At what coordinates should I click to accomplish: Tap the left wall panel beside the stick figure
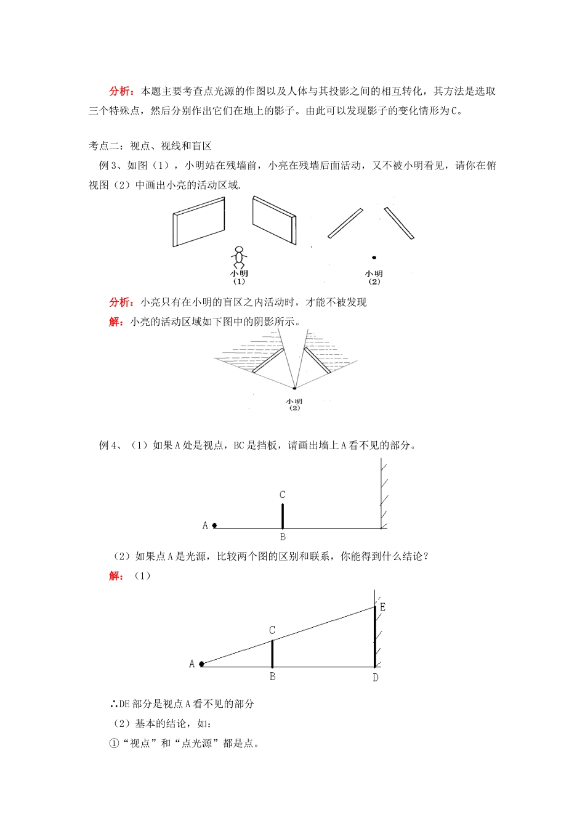[x=198, y=222]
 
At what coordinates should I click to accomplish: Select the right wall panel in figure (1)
[x=274, y=219]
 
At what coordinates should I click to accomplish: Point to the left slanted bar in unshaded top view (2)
[x=345, y=223]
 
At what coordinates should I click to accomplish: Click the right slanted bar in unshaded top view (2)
[x=399, y=223]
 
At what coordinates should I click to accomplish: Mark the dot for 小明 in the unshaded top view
[x=374, y=258]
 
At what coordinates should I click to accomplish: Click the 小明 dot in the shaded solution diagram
[x=294, y=388]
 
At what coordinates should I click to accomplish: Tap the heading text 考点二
[x=103, y=146]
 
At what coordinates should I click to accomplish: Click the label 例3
[x=108, y=165]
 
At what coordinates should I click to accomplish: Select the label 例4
[x=109, y=445]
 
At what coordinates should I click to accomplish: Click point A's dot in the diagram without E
[x=214, y=526]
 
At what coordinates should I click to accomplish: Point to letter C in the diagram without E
[x=282, y=495]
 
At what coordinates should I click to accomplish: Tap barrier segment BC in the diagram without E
[x=283, y=516]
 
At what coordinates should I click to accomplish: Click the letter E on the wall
[x=382, y=607]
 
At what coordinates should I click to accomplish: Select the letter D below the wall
[x=376, y=678]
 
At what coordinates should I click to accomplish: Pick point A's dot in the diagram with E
[x=201, y=664]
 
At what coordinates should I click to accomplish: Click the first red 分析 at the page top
[x=120, y=91]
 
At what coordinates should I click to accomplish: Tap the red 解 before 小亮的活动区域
[x=115, y=322]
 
